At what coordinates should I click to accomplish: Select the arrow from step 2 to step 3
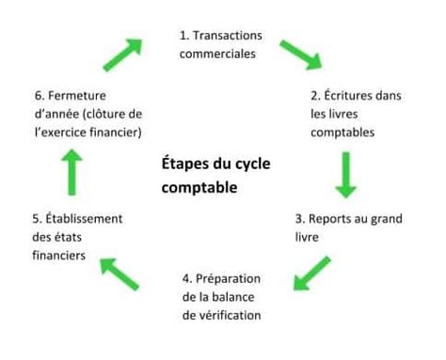pos(346,176)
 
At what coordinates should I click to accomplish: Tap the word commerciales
pos(218,54)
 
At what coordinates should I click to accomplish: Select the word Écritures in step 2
pos(354,95)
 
